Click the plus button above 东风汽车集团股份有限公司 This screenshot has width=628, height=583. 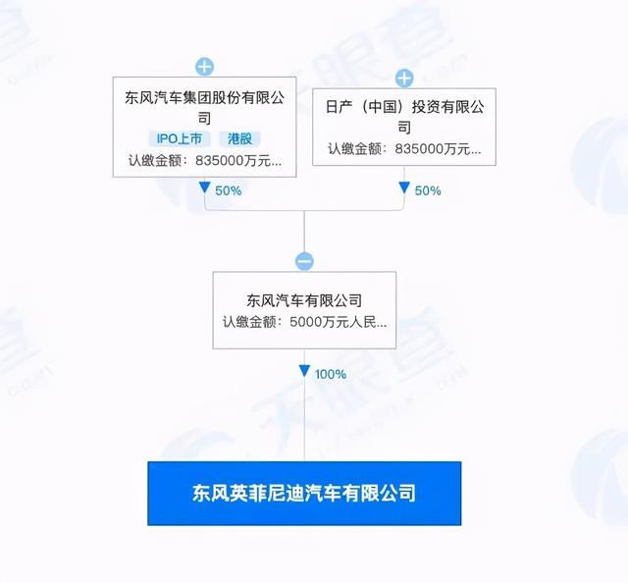[x=205, y=67]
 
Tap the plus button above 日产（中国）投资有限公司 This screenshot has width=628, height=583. [x=404, y=78]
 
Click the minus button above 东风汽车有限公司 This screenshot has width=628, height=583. [x=304, y=261]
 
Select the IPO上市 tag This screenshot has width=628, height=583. [x=179, y=138]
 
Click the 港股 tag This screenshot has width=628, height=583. [x=239, y=138]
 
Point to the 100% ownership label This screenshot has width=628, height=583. [x=331, y=374]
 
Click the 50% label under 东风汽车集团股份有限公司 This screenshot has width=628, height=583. [x=229, y=190]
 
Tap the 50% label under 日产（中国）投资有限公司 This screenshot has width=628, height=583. [x=428, y=190]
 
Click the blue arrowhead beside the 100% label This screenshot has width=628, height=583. [x=304, y=371]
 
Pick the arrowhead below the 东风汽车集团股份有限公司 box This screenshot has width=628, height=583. [x=205, y=187]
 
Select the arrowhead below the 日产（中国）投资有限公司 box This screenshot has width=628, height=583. [x=404, y=187]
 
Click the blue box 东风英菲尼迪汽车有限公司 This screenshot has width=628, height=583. [x=304, y=494]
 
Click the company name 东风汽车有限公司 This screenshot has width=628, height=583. [x=304, y=300]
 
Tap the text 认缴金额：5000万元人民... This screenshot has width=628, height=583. [x=304, y=322]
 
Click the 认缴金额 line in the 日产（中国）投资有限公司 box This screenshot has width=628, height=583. [x=404, y=149]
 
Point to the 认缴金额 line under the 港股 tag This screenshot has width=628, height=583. [x=205, y=161]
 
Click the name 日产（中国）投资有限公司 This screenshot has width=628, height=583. [x=404, y=117]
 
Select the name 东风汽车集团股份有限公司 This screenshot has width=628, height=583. [x=205, y=107]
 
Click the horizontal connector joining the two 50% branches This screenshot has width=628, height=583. [x=304, y=210]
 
